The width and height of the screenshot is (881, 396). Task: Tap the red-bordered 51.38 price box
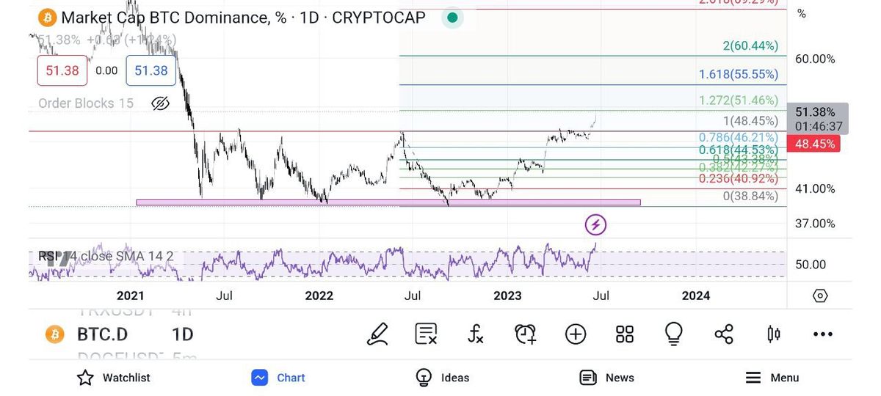(x=62, y=70)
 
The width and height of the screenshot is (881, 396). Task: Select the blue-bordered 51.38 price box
(x=151, y=70)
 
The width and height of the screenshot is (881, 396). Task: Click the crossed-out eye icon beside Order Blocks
(x=160, y=103)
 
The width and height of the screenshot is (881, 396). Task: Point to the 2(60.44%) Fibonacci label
(x=750, y=46)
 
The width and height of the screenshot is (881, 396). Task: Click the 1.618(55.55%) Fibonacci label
(x=739, y=74)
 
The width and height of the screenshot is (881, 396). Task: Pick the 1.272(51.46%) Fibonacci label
(x=739, y=100)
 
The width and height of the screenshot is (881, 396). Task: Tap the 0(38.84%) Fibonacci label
(x=750, y=197)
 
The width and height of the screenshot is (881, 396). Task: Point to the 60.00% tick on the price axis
(x=815, y=59)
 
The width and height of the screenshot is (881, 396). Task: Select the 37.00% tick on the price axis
(x=815, y=223)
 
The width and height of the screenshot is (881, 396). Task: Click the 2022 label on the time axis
(x=319, y=296)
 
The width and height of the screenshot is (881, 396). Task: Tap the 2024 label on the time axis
(x=696, y=296)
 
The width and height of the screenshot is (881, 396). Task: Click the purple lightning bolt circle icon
(x=595, y=224)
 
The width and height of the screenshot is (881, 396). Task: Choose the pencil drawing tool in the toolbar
(x=377, y=334)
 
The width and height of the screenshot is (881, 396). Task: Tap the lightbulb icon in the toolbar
(x=673, y=334)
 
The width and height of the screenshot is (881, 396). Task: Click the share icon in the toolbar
(x=724, y=334)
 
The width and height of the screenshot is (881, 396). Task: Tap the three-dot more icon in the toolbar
(x=823, y=334)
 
